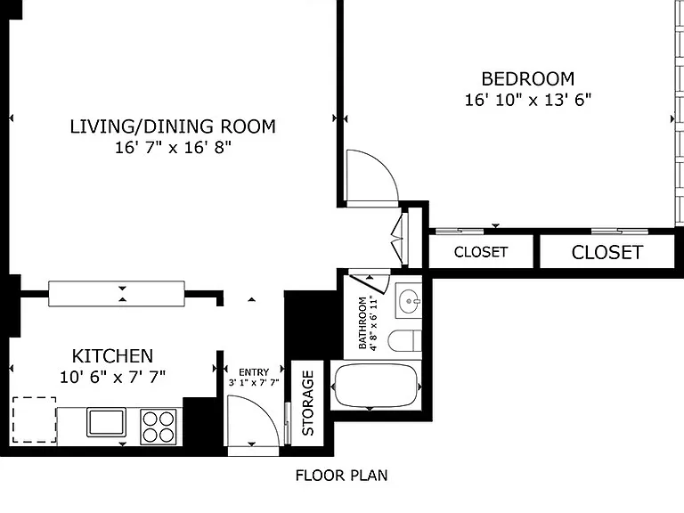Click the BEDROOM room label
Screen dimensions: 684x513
[528, 79]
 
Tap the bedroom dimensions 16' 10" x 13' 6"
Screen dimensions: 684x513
[528, 100]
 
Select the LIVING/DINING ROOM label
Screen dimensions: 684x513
[173, 126]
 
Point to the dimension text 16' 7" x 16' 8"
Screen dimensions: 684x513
[173, 148]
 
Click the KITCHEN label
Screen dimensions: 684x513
[112, 356]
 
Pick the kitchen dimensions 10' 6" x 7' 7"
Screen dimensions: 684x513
[112, 377]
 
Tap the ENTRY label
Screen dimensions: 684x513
[254, 372]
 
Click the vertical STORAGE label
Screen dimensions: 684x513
[308, 403]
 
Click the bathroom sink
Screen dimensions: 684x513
[408, 301]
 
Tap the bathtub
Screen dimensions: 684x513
[376, 386]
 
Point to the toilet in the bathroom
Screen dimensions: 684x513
[404, 341]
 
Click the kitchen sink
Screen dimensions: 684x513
[107, 422]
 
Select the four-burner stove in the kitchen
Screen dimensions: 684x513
[159, 427]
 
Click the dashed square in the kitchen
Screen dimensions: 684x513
[34, 419]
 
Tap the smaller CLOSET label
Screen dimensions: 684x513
[481, 252]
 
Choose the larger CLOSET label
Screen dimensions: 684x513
[607, 253]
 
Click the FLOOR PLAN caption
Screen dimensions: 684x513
[342, 476]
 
